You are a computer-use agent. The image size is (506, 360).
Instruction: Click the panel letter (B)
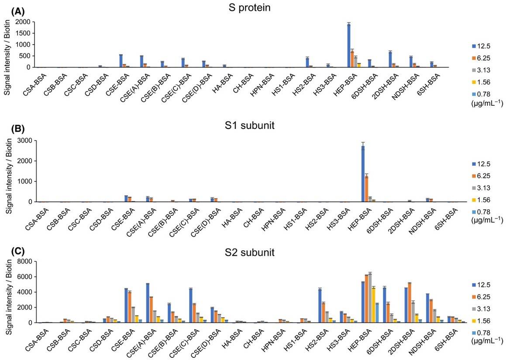pyautogui.click(x=11, y=129)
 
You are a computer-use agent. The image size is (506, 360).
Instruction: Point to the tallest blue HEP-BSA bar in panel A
pyautogui.click(x=349, y=45)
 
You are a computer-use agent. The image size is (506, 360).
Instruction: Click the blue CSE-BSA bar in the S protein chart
pyautogui.click(x=120, y=61)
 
